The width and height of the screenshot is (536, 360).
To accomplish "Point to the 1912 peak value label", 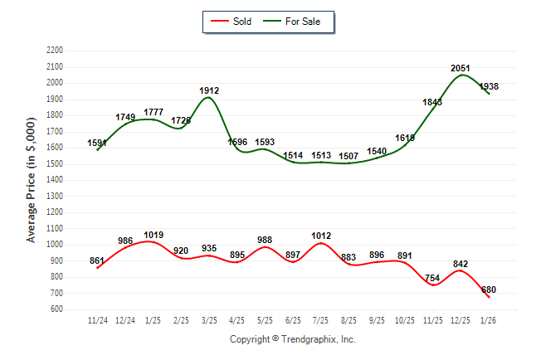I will click(x=209, y=90).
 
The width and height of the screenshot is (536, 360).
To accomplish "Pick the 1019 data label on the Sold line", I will click(x=153, y=235).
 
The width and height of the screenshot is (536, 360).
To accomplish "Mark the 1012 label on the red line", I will click(x=321, y=236).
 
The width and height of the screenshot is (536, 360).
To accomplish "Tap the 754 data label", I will click(x=433, y=278).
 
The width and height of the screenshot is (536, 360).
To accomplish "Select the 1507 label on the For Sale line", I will click(x=349, y=155).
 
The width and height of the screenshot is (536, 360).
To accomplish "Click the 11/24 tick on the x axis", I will click(x=98, y=319).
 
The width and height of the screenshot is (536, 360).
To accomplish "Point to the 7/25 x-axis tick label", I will click(x=321, y=319).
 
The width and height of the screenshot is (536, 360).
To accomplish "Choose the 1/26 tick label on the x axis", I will click(x=489, y=319).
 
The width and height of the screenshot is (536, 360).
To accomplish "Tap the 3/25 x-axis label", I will click(x=209, y=319).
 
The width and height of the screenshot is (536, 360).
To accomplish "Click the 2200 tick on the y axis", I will click(x=54, y=51).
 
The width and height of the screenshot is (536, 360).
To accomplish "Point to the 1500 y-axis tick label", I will click(x=54, y=163).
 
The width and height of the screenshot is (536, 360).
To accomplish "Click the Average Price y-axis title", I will click(x=32, y=180).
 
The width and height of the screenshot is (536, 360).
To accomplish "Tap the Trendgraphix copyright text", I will click(x=292, y=339).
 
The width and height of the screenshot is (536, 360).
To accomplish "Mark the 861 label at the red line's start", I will click(x=97, y=261).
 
